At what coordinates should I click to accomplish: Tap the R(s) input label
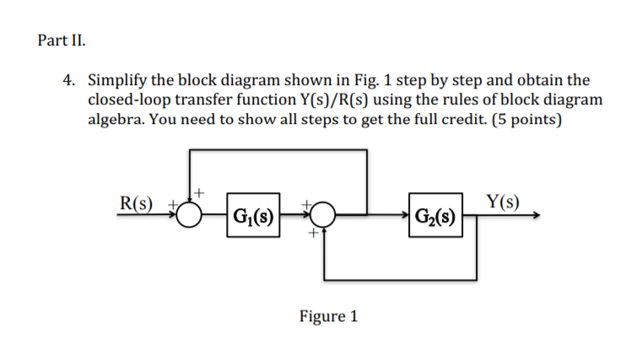138,202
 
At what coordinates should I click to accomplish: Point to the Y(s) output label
504,201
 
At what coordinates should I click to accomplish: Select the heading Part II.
62,40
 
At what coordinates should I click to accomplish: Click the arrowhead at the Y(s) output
533,216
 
